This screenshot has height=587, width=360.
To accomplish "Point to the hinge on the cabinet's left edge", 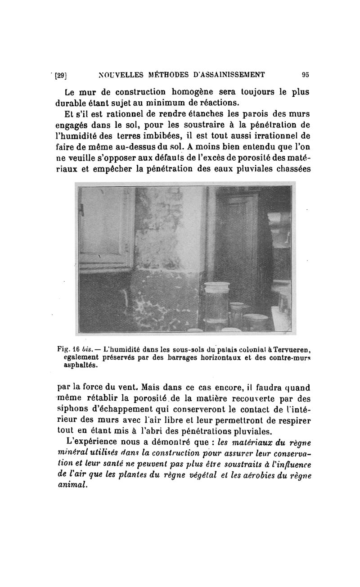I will click(81, 209).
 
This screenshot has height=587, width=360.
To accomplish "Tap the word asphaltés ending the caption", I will click(81, 365).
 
